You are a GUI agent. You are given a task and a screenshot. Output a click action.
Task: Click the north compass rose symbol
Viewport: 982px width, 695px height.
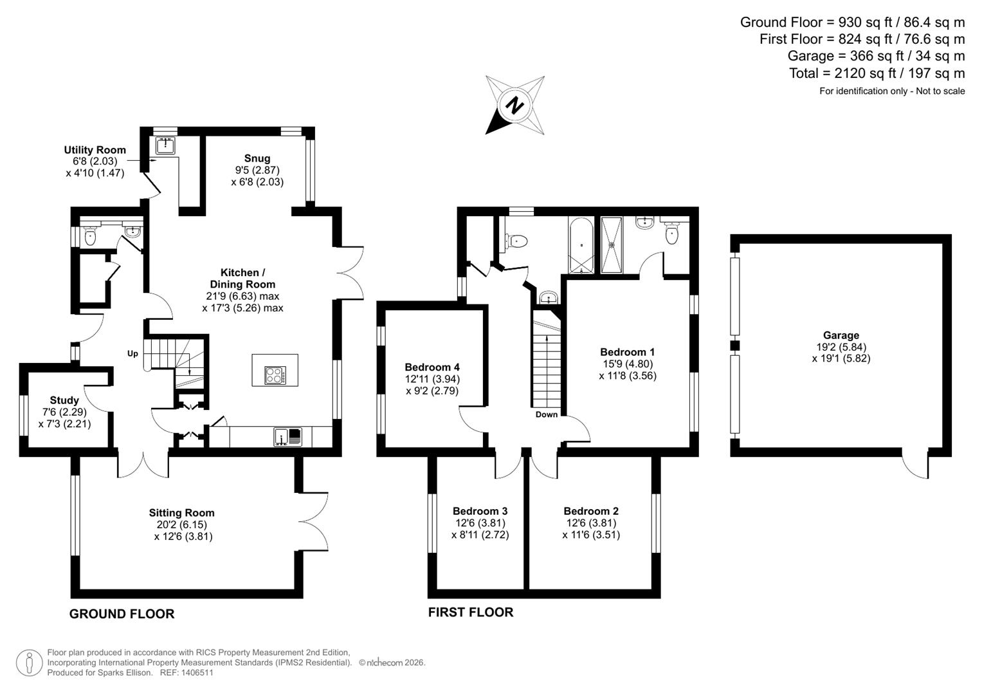(x=514, y=105)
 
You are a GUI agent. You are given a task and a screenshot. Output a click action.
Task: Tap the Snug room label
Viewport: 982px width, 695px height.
(x=257, y=158)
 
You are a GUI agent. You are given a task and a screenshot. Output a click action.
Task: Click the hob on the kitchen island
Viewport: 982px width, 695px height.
(x=275, y=375)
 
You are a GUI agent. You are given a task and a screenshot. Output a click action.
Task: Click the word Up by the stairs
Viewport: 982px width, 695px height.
(x=132, y=353)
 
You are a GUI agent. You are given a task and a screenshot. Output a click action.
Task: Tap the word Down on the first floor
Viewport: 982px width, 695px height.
(x=547, y=414)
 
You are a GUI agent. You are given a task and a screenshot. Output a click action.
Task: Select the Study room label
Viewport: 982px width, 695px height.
(x=64, y=400)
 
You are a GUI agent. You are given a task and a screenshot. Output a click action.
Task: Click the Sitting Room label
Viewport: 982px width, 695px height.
(x=182, y=513)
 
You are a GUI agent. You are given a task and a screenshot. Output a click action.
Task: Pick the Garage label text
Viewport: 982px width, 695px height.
(x=841, y=335)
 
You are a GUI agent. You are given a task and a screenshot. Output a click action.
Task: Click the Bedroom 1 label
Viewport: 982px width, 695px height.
(x=627, y=352)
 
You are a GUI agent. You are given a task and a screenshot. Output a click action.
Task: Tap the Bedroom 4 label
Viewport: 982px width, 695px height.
(x=432, y=367)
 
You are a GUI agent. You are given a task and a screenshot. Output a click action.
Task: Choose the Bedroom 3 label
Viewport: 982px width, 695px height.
(x=480, y=511)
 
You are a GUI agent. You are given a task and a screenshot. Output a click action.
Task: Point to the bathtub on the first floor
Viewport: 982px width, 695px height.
(x=582, y=246)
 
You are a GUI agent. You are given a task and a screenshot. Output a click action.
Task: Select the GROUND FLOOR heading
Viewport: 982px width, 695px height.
(x=122, y=614)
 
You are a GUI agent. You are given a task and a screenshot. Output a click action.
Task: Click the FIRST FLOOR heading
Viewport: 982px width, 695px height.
(x=471, y=613)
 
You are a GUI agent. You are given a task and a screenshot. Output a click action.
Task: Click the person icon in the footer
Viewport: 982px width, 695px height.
(x=29, y=663)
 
